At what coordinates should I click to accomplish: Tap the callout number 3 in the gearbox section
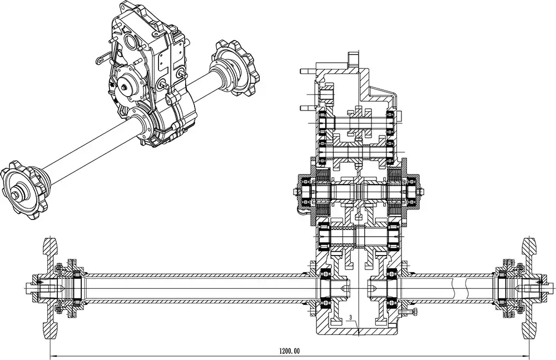point(351,318)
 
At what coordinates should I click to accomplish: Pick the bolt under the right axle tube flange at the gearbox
point(413,311)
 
